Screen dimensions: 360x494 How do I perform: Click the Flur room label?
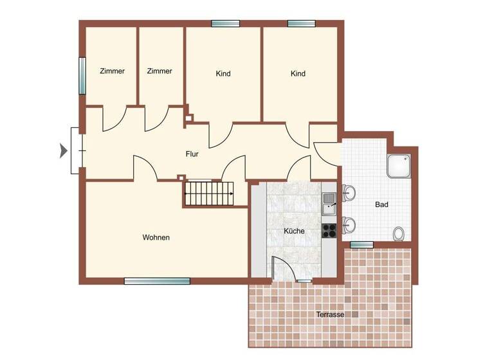pos(192,154)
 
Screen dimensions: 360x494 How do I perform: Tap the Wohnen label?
pos(156,238)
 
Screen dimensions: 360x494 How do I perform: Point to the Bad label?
pos(381,205)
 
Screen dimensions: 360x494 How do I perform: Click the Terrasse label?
pos(330,314)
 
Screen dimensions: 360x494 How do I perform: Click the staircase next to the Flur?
pos(210,193)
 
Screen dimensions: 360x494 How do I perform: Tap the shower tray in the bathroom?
pos(401,166)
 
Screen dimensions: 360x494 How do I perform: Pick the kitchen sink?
pos(329,204)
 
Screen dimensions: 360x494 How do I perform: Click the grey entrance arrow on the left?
pos(63,152)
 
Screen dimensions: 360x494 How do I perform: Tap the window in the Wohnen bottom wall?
pos(157,281)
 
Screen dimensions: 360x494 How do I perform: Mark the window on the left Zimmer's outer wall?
pos(82,76)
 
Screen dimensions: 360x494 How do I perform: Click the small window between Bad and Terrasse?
pos(361,244)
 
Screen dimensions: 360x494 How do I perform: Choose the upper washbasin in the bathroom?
pos(349,192)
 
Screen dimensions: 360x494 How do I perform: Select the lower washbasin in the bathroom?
pos(349,224)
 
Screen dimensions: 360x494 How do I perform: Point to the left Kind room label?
pos(223,74)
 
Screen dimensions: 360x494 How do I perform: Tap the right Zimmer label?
pos(160,71)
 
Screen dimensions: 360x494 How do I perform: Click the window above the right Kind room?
pos(301,24)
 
